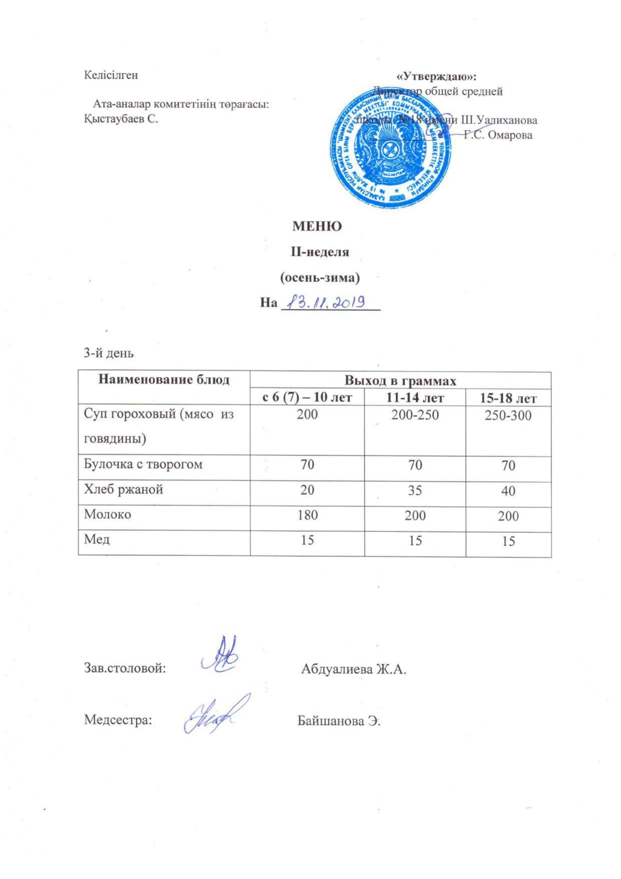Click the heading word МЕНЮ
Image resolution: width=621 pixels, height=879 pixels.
coord(317,226)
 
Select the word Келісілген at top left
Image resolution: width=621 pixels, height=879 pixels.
coord(111,75)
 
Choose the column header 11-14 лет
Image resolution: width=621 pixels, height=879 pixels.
coord(415,398)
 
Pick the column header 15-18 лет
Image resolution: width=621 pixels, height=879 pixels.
coord(508,398)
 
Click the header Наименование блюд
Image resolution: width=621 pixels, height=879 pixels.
coord(164,379)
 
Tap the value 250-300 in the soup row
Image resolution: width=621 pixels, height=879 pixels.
coord(508,415)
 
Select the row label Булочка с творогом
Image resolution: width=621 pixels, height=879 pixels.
coord(143,464)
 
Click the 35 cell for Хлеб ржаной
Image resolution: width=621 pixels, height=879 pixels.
coord(415,490)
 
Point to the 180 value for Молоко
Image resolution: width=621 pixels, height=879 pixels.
coord(307,514)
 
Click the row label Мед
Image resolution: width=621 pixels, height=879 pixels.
coord(97,539)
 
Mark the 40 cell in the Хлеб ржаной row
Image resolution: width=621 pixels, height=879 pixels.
coord(508,490)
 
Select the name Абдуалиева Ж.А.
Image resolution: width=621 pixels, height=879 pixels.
coord(353,669)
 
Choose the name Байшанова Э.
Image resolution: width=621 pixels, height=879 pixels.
coord(339,721)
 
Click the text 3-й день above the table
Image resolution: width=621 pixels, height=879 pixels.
coord(108,353)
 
